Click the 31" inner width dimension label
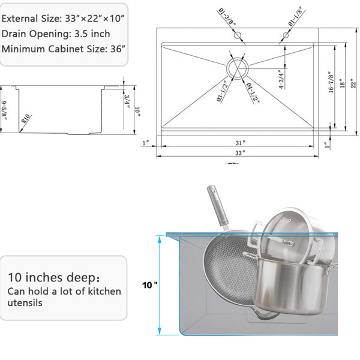coord(240,143)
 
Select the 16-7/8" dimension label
coord(331,82)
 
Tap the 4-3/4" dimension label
coord(281,79)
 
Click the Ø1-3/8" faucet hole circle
coord(238,35)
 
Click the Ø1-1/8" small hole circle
coord(286,35)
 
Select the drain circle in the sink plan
coord(238,68)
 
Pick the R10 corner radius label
coord(26,119)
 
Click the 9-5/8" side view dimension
coord(4,110)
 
